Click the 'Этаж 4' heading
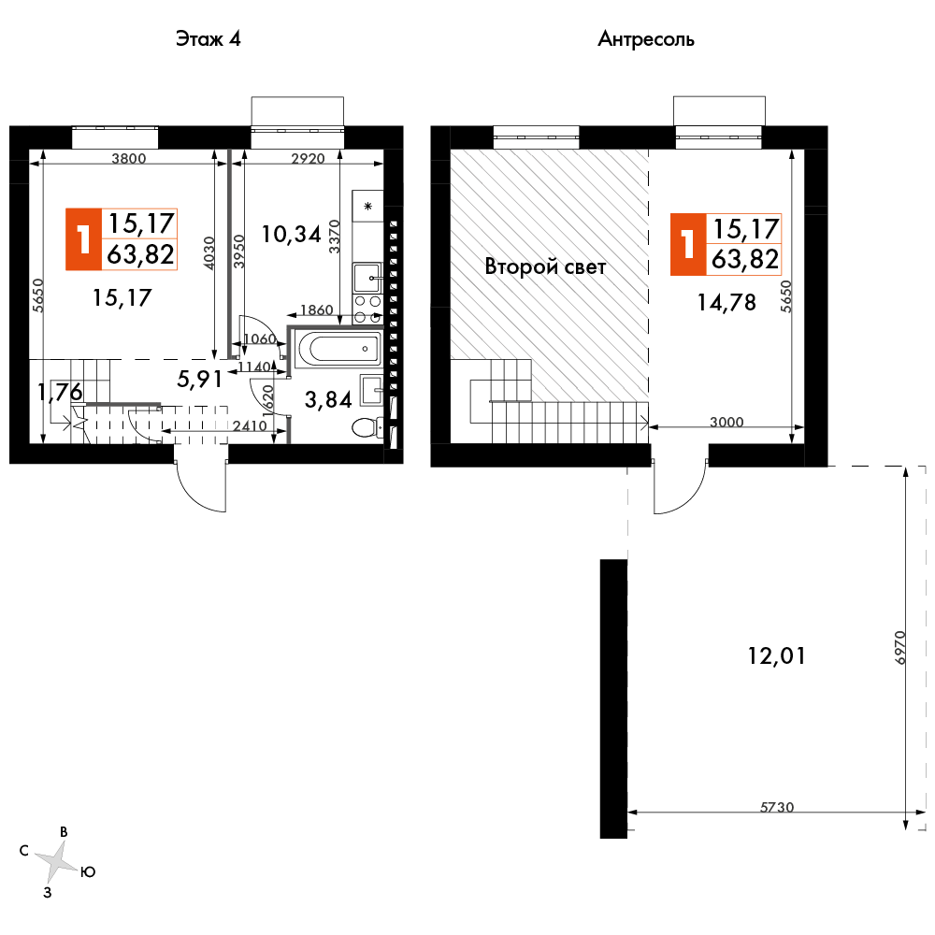pos(209,39)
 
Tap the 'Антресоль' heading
pos(646,39)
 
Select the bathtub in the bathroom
pos(338,347)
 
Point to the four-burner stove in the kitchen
pos(367,309)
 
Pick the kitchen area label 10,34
pos(292,235)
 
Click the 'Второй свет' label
pos(545,266)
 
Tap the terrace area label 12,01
pos(776,656)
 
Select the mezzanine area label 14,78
pos(726,303)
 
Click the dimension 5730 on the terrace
pos(777,807)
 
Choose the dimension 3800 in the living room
pos(129,158)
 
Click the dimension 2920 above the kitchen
pos(308,158)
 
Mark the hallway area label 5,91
pos(200,379)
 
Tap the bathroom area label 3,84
pos(328,399)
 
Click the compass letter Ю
pos(88,872)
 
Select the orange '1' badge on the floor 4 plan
pos(84,239)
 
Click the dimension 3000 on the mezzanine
pos(726,422)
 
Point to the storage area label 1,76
pos(60,392)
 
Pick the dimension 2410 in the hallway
pos(250,425)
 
